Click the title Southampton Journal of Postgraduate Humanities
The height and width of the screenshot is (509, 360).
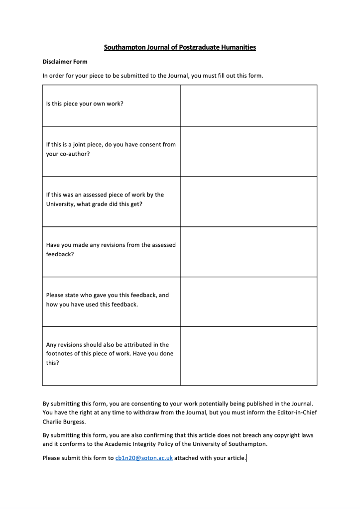[x=180, y=47]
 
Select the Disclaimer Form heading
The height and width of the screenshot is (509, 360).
[x=65, y=62]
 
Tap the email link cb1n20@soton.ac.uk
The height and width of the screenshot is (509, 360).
[x=144, y=458]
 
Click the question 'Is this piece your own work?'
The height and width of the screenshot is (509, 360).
[x=85, y=104]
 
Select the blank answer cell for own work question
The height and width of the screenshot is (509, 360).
[x=248, y=105]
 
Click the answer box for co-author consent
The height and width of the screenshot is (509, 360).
[x=248, y=151]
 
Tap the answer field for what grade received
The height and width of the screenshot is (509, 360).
[x=248, y=202]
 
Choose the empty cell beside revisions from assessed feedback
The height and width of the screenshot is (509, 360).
[x=248, y=252]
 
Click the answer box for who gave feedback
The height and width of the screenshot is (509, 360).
[x=248, y=302]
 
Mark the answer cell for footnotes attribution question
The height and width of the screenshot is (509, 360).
[x=248, y=356]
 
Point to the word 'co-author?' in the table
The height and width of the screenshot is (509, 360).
[x=74, y=154]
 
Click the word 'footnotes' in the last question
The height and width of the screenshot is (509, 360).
[x=60, y=354]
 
